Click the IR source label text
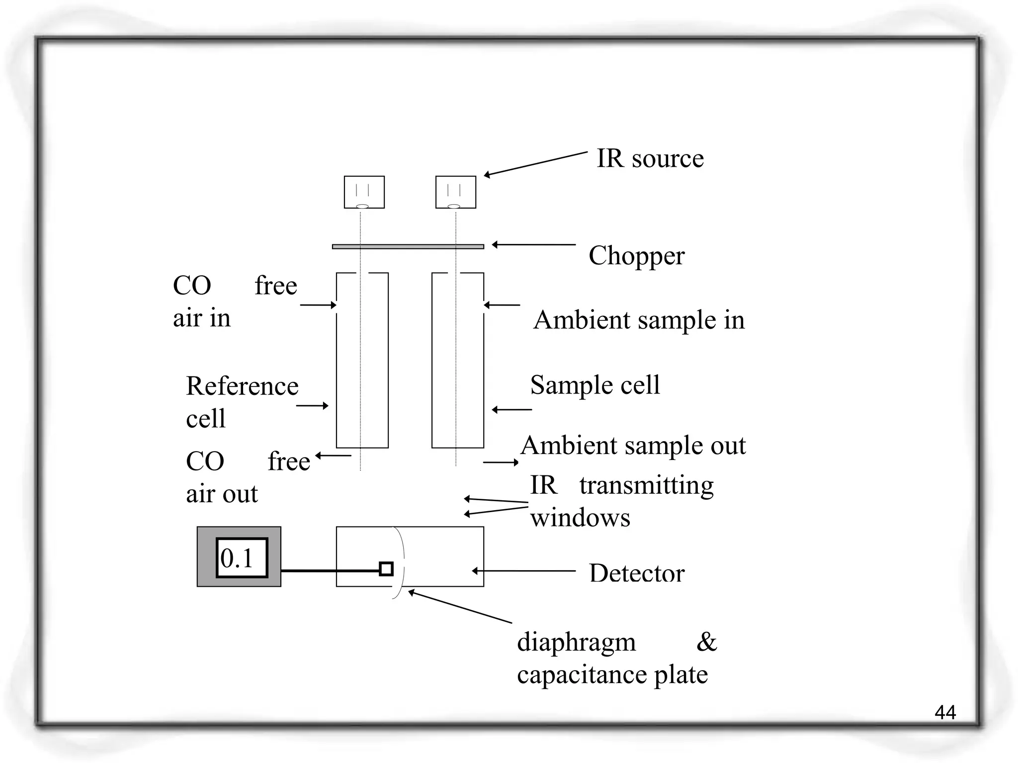click(x=650, y=159)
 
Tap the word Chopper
click(x=636, y=256)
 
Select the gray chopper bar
click(x=408, y=246)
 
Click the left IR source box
click(x=364, y=192)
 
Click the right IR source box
click(x=455, y=192)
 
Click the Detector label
click(x=636, y=573)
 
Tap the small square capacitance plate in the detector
click(x=386, y=569)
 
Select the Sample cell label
click(x=595, y=385)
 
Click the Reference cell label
click(x=242, y=401)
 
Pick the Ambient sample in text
click(x=639, y=320)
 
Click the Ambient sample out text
click(x=633, y=445)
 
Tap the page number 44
click(x=945, y=713)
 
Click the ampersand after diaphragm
click(x=706, y=642)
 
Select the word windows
click(x=580, y=518)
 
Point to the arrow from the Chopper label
click(x=534, y=244)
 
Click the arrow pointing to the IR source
click(x=535, y=163)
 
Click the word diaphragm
click(x=576, y=642)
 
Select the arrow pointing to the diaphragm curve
click(x=460, y=607)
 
